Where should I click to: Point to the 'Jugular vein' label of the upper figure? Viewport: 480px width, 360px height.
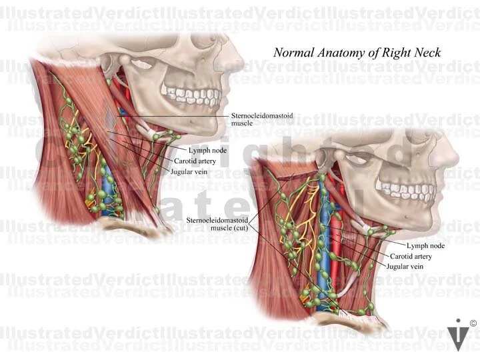[x=190, y=171]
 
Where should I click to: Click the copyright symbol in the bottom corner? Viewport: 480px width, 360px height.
[x=473, y=324]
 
